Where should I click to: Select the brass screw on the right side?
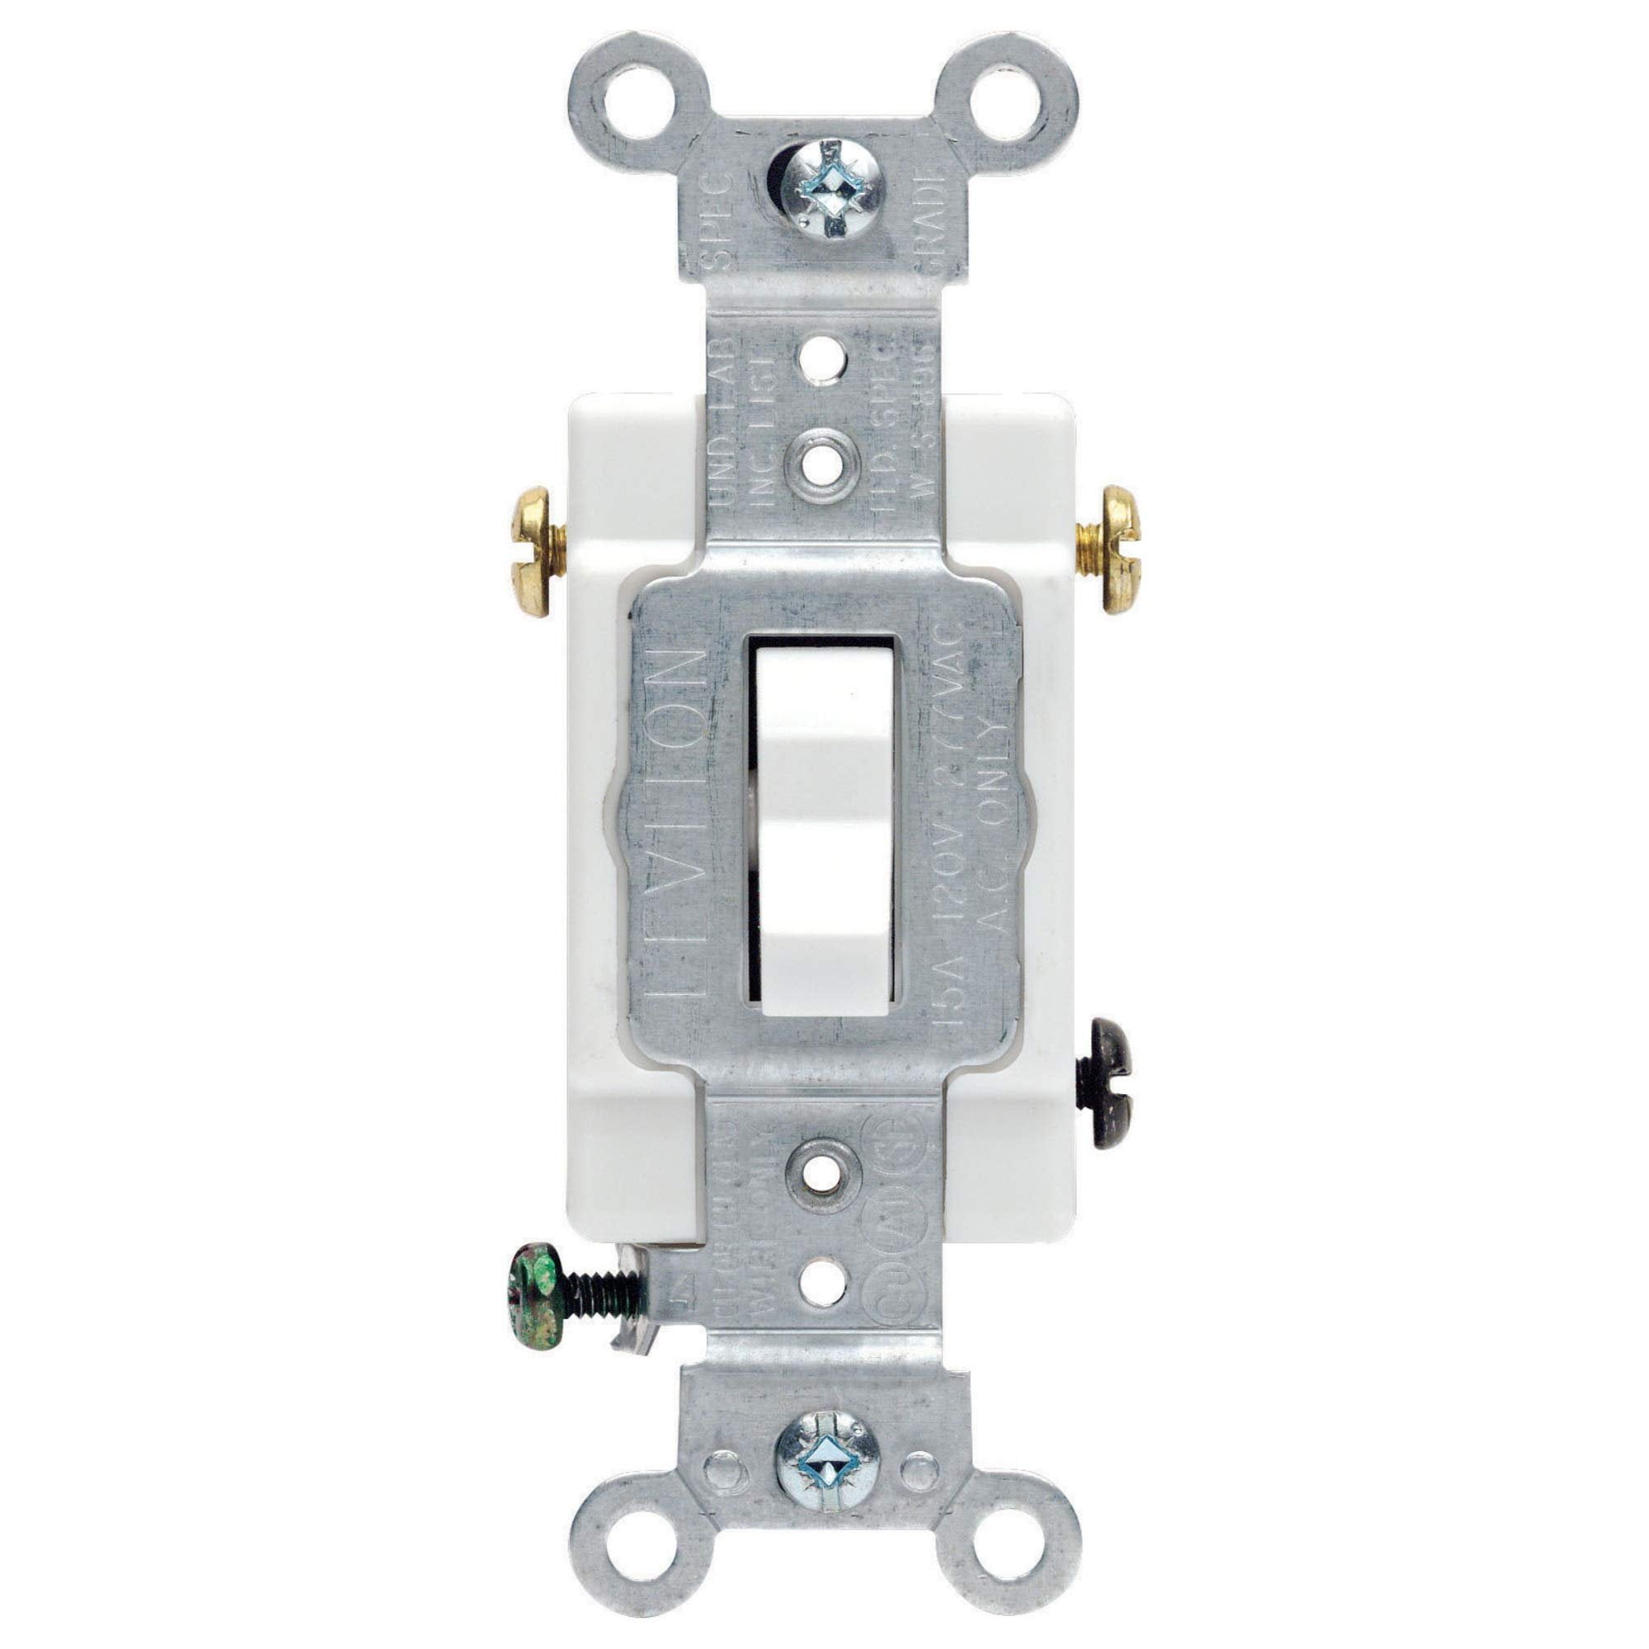pyautogui.click(x=1117, y=550)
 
